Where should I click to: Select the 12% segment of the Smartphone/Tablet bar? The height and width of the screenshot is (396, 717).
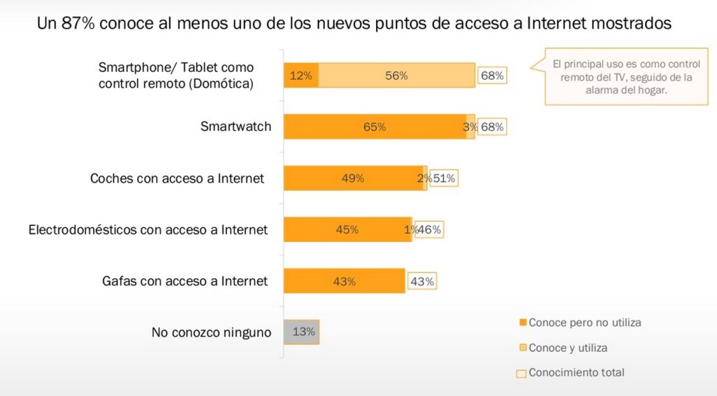click(301, 76)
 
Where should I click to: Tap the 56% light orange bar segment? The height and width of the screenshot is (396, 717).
click(396, 76)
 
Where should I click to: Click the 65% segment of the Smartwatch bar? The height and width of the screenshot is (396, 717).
click(375, 127)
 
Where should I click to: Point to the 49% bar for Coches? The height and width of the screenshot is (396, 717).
click(353, 178)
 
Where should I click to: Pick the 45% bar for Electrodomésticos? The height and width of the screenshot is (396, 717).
click(347, 229)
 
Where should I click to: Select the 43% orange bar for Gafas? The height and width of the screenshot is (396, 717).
click(344, 281)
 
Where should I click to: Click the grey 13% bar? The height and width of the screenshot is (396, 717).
click(302, 332)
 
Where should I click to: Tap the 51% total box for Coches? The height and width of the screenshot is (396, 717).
click(444, 178)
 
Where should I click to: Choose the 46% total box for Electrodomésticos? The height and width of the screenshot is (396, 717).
click(429, 229)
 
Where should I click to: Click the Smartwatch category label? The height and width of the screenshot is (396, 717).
click(235, 127)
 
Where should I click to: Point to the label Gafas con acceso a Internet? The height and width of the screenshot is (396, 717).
click(185, 281)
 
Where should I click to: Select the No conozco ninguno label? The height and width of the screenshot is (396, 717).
click(211, 333)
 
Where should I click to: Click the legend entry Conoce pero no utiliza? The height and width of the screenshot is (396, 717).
click(585, 323)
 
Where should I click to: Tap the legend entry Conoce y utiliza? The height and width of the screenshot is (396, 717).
click(568, 348)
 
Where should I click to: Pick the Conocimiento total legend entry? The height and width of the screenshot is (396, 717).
click(576, 373)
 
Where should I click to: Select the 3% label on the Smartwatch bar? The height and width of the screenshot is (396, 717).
click(470, 127)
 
